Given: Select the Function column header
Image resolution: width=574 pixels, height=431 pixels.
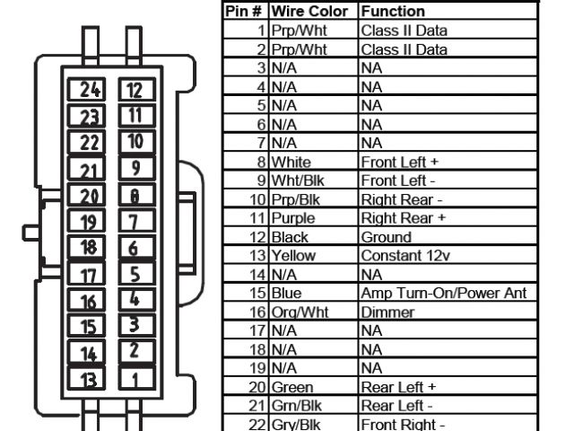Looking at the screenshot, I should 393,12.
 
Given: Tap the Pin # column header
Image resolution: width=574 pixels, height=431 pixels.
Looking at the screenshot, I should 244,12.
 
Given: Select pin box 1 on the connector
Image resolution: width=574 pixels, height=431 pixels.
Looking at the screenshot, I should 133,379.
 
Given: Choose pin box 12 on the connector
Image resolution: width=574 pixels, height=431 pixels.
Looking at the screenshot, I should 133,89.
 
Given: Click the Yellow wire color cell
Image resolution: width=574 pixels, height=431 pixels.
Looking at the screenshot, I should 293,256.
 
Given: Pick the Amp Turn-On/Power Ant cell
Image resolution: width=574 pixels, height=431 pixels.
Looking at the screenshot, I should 443,294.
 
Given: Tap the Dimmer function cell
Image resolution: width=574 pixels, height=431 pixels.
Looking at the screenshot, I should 387,312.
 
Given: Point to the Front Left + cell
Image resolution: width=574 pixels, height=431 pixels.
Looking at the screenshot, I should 398,163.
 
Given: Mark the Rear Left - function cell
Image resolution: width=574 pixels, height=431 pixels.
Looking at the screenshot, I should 398,406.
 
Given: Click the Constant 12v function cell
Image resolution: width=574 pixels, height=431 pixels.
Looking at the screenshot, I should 404,256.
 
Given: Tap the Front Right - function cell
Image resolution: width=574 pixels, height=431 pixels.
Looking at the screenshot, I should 402,424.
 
